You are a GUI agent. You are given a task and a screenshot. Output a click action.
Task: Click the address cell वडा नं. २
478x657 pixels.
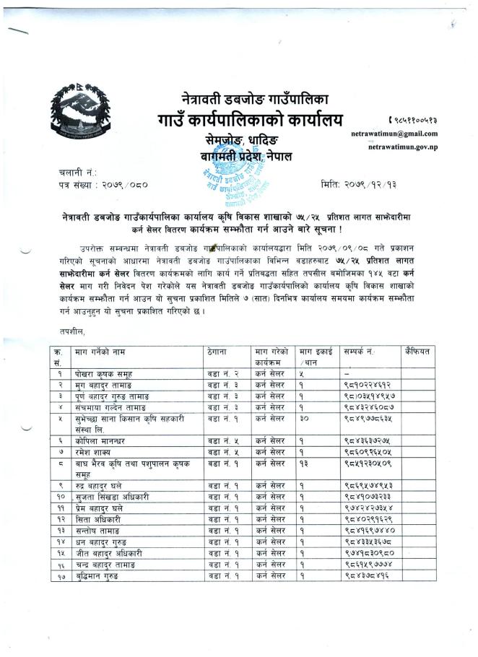(223, 374)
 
